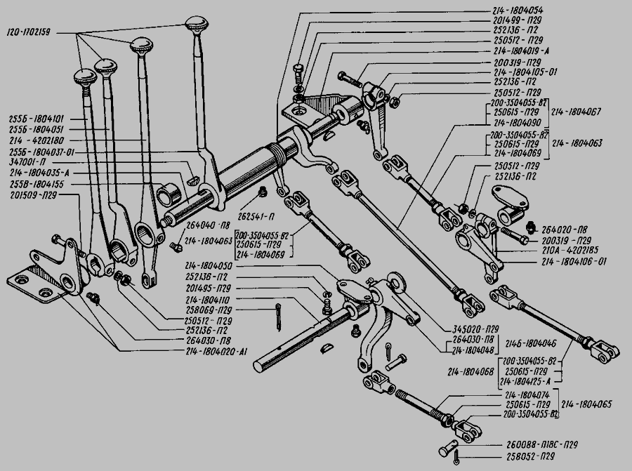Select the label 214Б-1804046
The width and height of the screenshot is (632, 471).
[x=531, y=344]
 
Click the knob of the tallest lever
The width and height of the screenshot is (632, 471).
[x=195, y=26]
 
